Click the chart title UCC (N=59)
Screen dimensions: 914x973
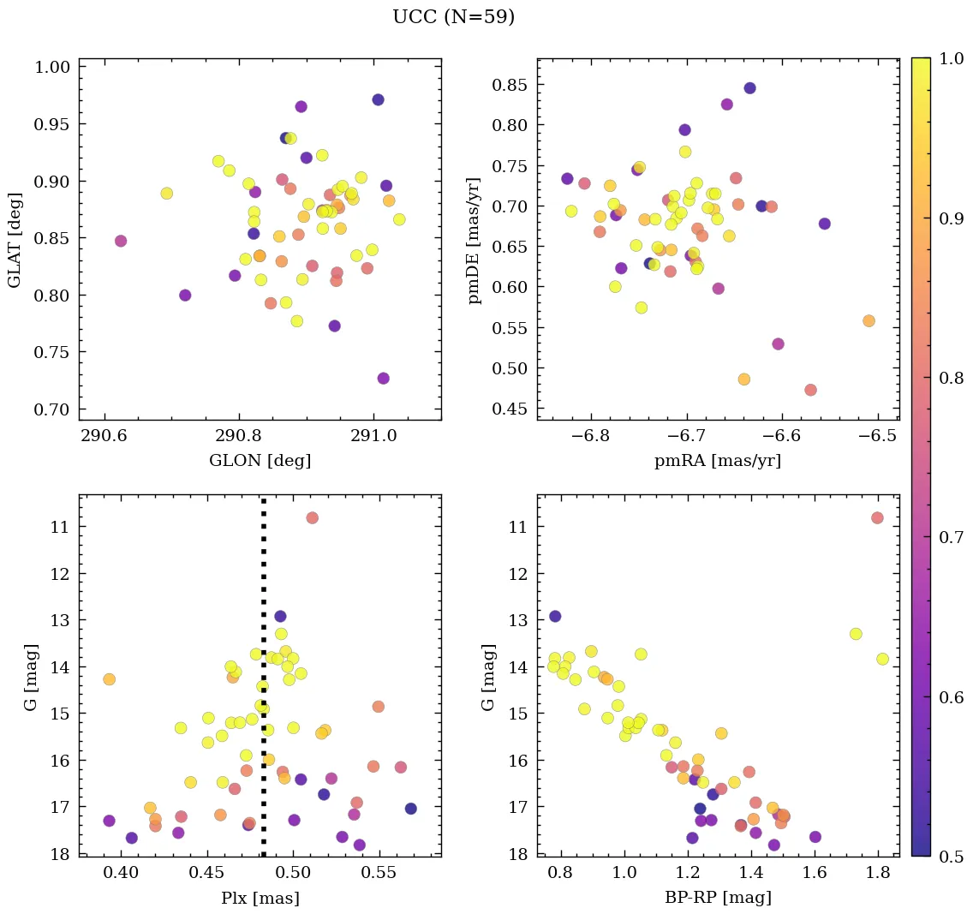click(x=453, y=17)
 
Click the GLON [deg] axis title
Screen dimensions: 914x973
click(x=260, y=461)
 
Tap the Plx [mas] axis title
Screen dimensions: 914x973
click(x=260, y=898)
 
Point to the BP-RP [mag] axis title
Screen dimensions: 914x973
click(x=718, y=898)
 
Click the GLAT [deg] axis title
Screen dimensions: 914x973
click(x=15, y=240)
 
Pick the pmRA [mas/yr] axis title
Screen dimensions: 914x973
click(x=718, y=461)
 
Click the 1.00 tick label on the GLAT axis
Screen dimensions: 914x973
click(x=52, y=68)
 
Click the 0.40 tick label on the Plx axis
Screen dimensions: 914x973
click(x=122, y=873)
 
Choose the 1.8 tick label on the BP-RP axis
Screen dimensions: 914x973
click(x=877, y=873)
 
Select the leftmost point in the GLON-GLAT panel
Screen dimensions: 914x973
click(x=121, y=241)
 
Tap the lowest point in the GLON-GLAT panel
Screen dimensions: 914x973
click(x=383, y=378)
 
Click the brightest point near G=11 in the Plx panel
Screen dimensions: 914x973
click(x=312, y=517)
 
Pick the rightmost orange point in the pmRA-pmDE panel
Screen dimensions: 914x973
click(x=869, y=320)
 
